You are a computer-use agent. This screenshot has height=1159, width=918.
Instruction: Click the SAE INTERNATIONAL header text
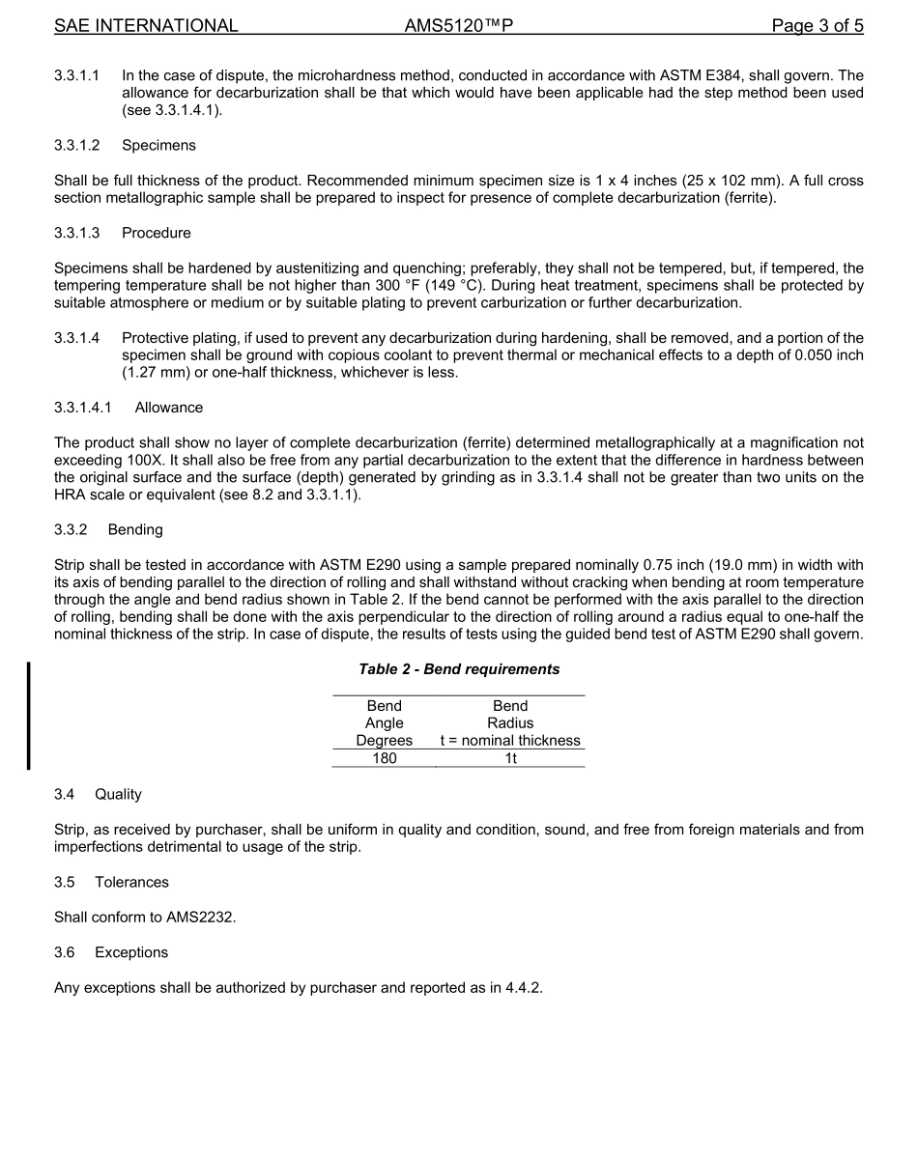point(146,26)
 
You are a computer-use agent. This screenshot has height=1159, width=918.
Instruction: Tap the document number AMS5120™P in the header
point(458,26)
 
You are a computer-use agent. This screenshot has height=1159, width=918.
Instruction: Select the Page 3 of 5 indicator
point(817,26)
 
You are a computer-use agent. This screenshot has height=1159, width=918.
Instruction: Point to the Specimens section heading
point(158,145)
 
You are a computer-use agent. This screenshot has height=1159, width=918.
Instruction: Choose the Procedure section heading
point(157,233)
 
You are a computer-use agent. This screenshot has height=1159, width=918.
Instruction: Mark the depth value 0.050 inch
point(818,355)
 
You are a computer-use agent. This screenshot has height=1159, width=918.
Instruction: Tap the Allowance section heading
point(169,408)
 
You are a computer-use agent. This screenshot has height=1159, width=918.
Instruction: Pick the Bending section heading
point(135,529)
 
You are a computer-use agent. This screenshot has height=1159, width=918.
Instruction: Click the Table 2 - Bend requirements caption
point(459,669)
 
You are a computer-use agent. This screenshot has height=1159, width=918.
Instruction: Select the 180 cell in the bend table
point(384,758)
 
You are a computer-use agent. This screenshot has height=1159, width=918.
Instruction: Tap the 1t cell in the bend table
point(510,758)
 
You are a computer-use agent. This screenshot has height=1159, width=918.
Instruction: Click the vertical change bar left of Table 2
point(28,715)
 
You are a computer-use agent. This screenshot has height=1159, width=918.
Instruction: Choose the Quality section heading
point(118,794)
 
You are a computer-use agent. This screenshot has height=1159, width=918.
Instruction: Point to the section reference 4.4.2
point(522,988)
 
